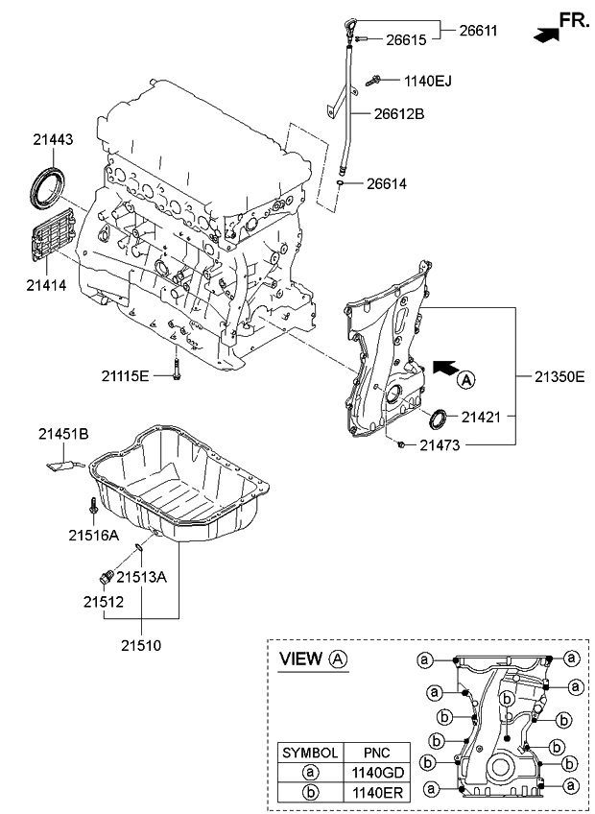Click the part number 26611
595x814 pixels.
tap(478, 32)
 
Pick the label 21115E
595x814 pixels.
tap(126, 374)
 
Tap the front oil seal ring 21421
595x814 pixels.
tap(437, 419)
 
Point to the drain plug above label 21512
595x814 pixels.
tap(99, 577)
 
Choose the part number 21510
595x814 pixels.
tap(142, 645)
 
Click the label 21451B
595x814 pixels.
tap(63, 435)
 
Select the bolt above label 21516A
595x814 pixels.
tap(91, 504)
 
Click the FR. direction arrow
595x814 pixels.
tap(547, 35)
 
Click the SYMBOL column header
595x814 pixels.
tap(309, 751)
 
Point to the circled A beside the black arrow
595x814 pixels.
tap(465, 380)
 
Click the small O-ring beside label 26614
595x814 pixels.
tap(341, 181)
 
